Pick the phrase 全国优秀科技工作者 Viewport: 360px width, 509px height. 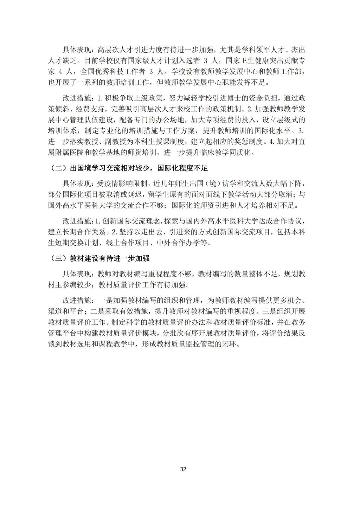[x=113, y=72]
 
